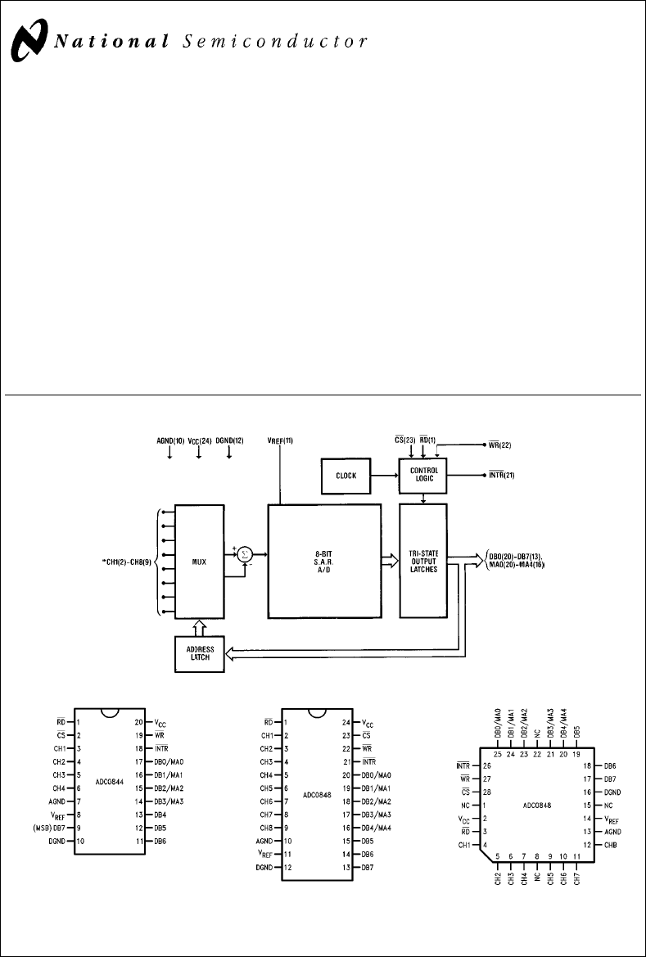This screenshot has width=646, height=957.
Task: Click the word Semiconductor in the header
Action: (275, 42)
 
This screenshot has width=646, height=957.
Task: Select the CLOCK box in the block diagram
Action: (345, 476)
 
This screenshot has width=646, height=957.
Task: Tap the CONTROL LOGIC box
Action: (423, 475)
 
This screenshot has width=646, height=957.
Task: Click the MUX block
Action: (199, 561)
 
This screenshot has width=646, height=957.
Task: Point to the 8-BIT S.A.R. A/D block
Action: (324, 561)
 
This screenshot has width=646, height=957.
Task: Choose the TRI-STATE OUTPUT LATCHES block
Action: (423, 561)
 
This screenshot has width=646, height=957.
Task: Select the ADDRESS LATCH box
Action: (199, 654)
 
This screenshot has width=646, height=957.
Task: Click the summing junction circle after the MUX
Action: (244, 554)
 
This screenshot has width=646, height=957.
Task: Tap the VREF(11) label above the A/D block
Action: (280, 440)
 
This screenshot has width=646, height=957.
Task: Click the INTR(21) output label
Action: (501, 476)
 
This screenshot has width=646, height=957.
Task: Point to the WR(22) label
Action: (500, 445)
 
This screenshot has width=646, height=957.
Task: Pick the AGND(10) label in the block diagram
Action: (169, 440)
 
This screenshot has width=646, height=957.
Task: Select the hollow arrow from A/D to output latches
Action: (391, 561)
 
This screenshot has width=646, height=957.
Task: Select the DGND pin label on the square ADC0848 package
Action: (612, 792)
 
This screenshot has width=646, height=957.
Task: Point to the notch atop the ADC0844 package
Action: (110, 713)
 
